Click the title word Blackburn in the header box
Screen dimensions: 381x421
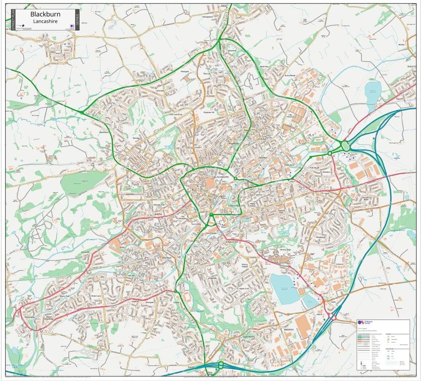click(x=45, y=14)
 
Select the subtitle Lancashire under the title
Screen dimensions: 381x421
click(x=45, y=21)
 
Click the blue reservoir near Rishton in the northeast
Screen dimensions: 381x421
click(x=373, y=91)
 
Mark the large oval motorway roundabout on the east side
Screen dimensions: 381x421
click(x=346, y=146)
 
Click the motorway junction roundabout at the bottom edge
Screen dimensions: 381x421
click(x=220, y=365)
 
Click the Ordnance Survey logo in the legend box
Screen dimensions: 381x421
click(x=361, y=323)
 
